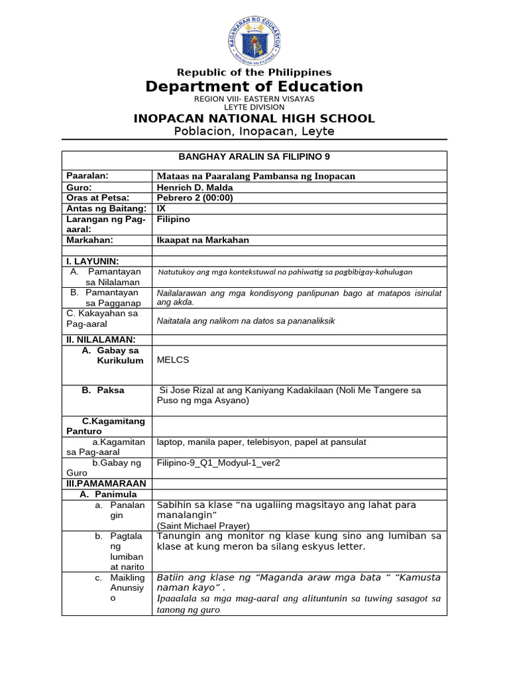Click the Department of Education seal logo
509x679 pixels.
[x=254, y=38]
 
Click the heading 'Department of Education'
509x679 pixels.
[x=254, y=87]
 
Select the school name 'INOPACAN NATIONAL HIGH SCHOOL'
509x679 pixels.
[x=254, y=119]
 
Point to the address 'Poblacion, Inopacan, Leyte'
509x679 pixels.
[x=254, y=131]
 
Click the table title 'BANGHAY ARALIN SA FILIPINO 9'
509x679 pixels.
[x=254, y=156]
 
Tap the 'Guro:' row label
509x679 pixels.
[x=80, y=186]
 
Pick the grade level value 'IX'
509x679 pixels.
[x=161, y=208]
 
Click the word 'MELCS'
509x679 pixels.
[x=173, y=360]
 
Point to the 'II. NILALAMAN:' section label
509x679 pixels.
[x=100, y=339]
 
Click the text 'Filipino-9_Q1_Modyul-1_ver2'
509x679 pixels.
[x=218, y=463]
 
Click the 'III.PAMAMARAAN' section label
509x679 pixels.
[x=105, y=483]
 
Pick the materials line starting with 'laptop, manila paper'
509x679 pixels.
[x=261, y=442]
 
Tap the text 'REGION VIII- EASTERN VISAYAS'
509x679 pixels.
[x=254, y=99]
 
